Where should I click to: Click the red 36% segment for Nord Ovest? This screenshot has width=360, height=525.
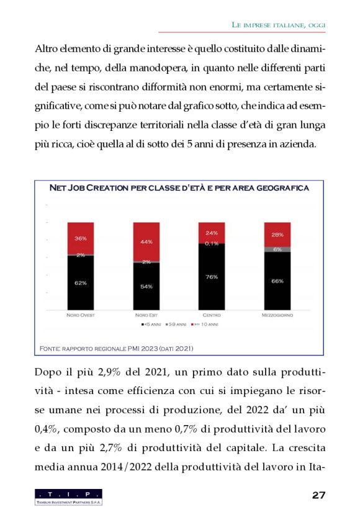(81, 238)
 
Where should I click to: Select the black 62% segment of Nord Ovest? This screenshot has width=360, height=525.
(81, 282)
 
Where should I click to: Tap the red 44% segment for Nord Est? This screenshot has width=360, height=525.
(146, 241)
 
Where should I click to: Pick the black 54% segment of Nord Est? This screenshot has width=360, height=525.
(146, 286)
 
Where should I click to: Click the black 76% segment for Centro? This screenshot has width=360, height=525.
(212, 277)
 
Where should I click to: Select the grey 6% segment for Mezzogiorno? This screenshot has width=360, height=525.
(277, 249)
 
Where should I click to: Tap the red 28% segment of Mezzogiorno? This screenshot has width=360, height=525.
(277, 235)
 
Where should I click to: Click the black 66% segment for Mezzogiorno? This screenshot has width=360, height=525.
(277, 280)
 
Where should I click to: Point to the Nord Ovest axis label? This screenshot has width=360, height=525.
(81, 315)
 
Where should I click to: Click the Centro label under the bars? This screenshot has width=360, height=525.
(212, 315)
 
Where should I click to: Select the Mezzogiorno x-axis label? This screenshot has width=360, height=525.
(277, 315)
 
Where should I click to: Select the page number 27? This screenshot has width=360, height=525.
(319, 495)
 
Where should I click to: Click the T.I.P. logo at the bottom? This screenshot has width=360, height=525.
(68, 496)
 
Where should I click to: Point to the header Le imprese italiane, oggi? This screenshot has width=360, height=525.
(278, 24)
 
